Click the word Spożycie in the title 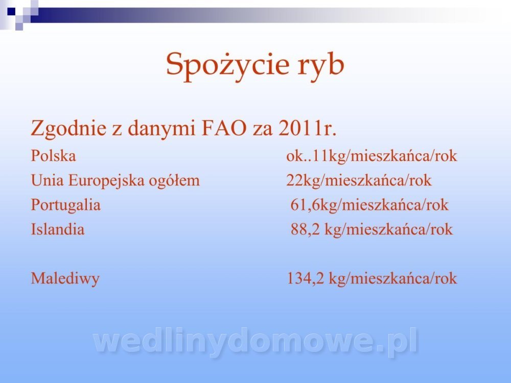pyautogui.click(x=227, y=65)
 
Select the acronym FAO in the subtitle pyautogui.click(x=224, y=128)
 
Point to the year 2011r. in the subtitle pyautogui.click(x=307, y=128)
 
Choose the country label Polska pyautogui.click(x=54, y=155)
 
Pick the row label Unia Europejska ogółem pyautogui.click(x=115, y=181)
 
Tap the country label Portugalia pyautogui.click(x=66, y=205)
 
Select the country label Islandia pyautogui.click(x=58, y=229)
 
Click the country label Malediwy pyautogui.click(x=65, y=279)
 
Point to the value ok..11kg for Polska pyautogui.click(x=318, y=156)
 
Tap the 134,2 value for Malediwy pyautogui.click(x=306, y=279)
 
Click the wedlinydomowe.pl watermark pyautogui.click(x=255, y=341)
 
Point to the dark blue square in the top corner pyautogui.click(x=11, y=11)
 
